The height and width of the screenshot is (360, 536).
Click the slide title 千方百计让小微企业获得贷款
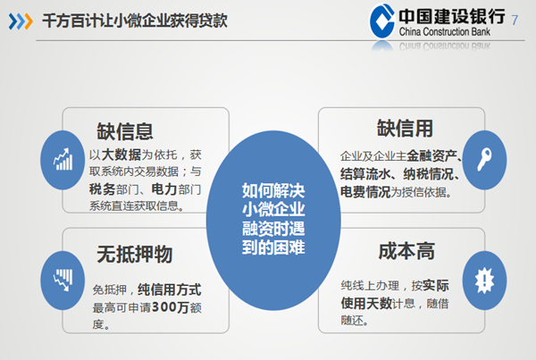pos(135,21)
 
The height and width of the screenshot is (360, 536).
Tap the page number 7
pos(515,21)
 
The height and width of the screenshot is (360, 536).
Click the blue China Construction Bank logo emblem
pos(382,21)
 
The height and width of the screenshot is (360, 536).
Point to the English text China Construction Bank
pos(444,32)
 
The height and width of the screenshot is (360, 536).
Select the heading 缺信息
pos(125,131)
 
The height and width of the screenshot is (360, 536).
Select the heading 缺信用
pos(405,129)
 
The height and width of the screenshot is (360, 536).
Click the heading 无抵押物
pos(134,254)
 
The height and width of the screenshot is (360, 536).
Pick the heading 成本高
pos(406,251)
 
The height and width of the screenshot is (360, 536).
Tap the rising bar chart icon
pos(63,159)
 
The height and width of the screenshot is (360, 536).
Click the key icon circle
pos(484,160)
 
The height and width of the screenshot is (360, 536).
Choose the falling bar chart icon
pos(63,280)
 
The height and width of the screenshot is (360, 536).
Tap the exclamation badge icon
pos(484,280)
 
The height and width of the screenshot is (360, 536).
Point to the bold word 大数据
pos(121,155)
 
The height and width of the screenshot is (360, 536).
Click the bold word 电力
pos(163,189)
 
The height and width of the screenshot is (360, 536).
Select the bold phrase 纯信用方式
pos(169,289)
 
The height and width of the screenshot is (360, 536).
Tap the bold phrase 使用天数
pos(365,303)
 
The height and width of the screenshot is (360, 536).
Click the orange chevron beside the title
pos(29,21)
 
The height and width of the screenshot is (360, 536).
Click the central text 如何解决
pos(273,191)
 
